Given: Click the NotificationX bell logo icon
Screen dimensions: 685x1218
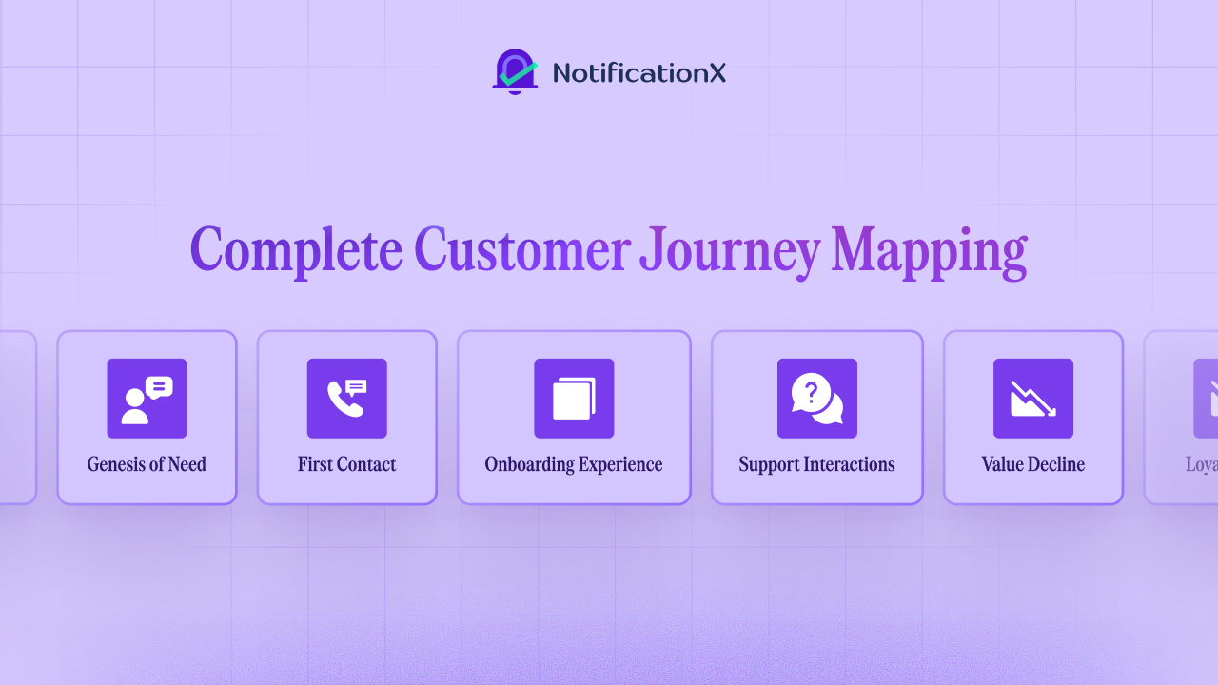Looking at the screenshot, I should coord(515,72).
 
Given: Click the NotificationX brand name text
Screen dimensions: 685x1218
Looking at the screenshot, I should coord(638,73).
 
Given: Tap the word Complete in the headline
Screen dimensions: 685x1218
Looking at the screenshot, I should coord(295,251).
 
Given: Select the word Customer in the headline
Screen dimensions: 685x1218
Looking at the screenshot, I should coord(521,251).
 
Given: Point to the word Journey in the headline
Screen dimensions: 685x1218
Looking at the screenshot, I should coord(729,251).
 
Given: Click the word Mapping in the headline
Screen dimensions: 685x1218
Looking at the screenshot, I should coord(929,251).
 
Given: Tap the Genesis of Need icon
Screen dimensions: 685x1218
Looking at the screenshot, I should coord(147,399).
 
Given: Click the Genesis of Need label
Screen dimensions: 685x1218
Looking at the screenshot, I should coord(147,464).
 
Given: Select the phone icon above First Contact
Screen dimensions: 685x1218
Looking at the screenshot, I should coord(346,399).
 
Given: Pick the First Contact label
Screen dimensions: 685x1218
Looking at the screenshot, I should coord(346,464).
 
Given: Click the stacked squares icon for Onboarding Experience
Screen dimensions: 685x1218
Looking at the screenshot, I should coord(574,399).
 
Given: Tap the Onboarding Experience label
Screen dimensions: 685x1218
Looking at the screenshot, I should coord(574,464).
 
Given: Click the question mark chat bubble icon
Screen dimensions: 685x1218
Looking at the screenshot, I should coord(816,399).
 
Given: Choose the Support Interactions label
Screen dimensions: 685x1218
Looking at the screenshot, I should coord(816,464).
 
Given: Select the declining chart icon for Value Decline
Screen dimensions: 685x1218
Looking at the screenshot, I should coord(1033,399).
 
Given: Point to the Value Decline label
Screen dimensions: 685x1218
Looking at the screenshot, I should coord(1033,464).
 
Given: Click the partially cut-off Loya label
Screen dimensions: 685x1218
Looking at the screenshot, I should coord(1201,464).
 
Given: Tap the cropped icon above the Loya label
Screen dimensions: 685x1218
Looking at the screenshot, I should coord(1206,399).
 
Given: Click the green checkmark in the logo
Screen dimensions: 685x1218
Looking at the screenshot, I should coord(519,71).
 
